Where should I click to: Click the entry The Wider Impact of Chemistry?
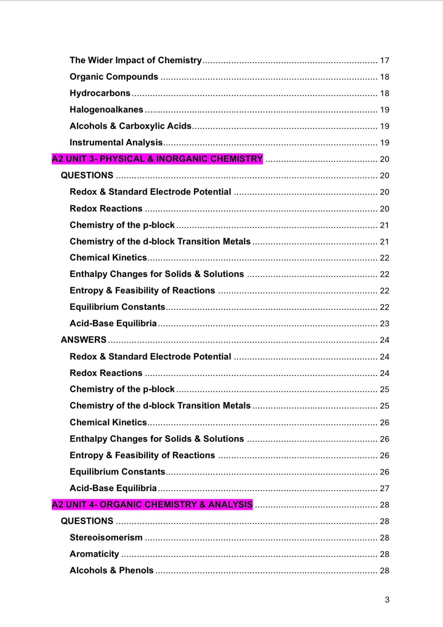pyautogui.click(x=136, y=60)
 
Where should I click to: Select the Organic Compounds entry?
pyautogui.click(x=114, y=77)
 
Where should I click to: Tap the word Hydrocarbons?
pyautogui.click(x=100, y=93)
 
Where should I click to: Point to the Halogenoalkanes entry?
pyautogui.click(x=107, y=110)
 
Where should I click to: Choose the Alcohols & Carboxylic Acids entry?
pyautogui.click(x=131, y=126)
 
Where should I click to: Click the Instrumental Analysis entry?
pyautogui.click(x=116, y=143)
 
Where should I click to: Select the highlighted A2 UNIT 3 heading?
pyautogui.click(x=157, y=159)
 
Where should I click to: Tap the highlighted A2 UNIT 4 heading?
pyautogui.click(x=152, y=505)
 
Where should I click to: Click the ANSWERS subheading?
pyautogui.click(x=84, y=340)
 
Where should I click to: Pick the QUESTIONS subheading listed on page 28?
pyautogui.click(x=87, y=521)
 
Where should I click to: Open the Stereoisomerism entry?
pyautogui.click(x=106, y=538)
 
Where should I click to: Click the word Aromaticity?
pyautogui.click(x=94, y=554)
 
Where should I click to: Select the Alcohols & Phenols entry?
pyautogui.click(x=112, y=570)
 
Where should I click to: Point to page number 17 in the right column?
pyautogui.click(x=384, y=61)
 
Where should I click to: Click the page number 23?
pyautogui.click(x=384, y=324)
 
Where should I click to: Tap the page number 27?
pyautogui.click(x=384, y=488)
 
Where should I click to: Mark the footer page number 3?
pyautogui.click(x=387, y=600)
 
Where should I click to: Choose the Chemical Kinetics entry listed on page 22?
pyautogui.click(x=108, y=258)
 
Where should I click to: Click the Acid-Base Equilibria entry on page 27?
pyautogui.click(x=113, y=488)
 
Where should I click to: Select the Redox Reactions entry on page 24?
pyautogui.click(x=106, y=373)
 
